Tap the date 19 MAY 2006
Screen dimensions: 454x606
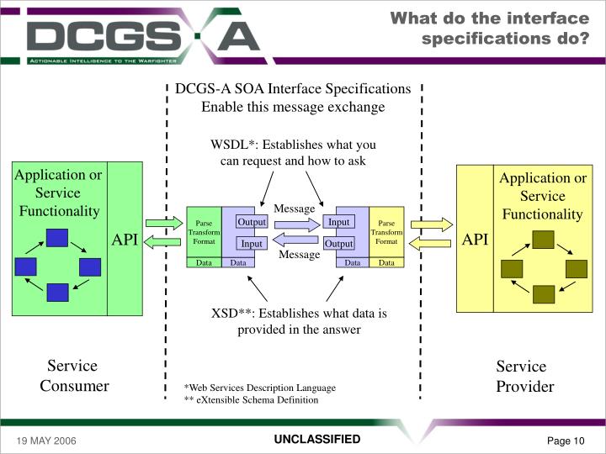43,442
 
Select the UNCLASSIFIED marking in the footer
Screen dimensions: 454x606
316,440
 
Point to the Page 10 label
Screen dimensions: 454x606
566,442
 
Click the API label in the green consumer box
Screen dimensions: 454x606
125,240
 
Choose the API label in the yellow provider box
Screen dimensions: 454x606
475,240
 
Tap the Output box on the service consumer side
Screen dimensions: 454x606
252,222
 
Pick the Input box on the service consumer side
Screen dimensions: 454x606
252,243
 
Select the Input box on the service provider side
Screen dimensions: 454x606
338,222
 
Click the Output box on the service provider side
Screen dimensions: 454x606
338,243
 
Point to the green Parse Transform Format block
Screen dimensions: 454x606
203,232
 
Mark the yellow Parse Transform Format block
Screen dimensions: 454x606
386,232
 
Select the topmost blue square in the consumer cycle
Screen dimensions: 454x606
57,237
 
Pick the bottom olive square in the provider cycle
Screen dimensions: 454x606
544,293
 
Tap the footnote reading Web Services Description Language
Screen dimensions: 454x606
260,388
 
